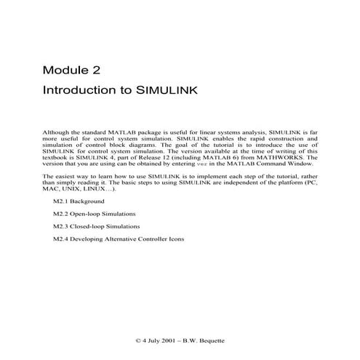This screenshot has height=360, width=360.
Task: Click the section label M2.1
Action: coord(61,201)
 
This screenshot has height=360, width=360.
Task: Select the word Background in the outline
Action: coord(88,201)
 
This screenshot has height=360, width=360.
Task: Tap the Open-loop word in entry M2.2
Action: coord(89,213)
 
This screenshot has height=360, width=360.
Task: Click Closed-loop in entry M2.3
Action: coord(92,226)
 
